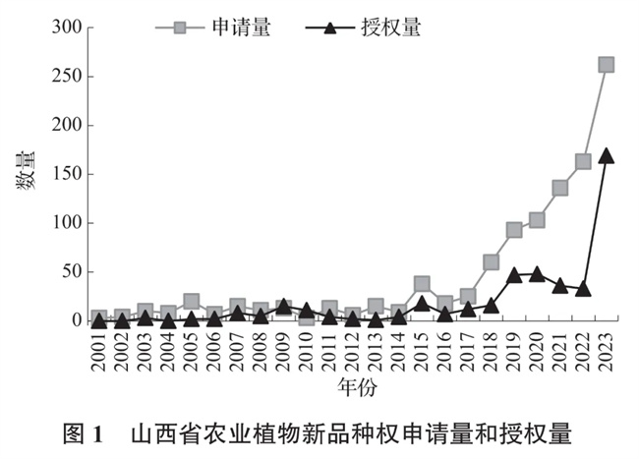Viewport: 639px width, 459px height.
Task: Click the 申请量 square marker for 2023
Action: (x=607, y=65)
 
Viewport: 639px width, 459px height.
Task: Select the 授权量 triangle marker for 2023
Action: (x=607, y=155)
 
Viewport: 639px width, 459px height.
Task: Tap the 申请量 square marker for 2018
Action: (x=491, y=262)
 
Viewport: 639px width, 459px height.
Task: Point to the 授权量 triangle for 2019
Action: (x=514, y=274)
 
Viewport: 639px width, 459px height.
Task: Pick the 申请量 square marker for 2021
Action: (x=560, y=188)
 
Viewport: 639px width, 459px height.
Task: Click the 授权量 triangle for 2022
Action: (x=583, y=288)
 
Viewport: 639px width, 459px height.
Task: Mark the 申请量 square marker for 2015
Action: (x=422, y=284)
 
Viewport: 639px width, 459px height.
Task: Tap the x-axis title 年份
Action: (x=353, y=390)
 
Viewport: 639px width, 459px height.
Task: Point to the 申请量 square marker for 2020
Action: (x=537, y=220)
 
